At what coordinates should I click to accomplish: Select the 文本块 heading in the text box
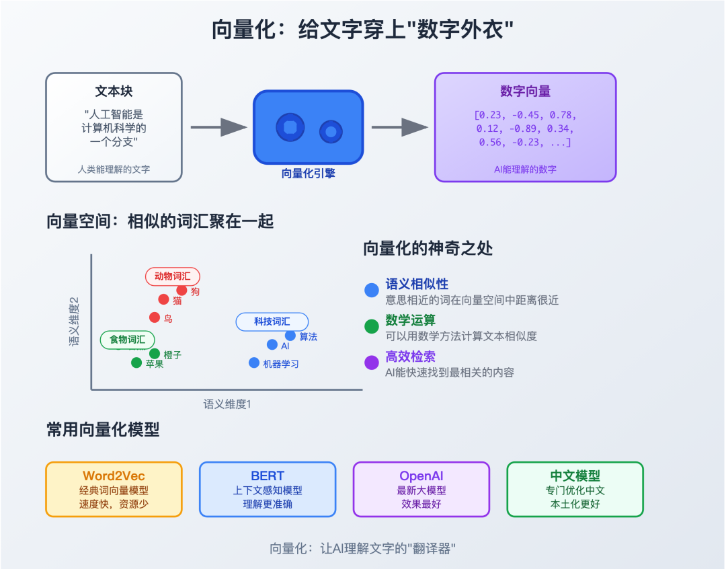pyautogui.click(x=114, y=92)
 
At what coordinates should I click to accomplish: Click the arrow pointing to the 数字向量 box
pyautogui.click(x=399, y=127)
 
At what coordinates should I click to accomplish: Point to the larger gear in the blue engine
pyautogui.click(x=290, y=127)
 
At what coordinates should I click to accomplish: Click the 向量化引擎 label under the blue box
pyautogui.click(x=308, y=174)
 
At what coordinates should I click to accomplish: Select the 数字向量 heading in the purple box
pyautogui.click(x=525, y=92)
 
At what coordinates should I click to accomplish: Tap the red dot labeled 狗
pyautogui.click(x=182, y=291)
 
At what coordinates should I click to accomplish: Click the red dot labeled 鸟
pyautogui.click(x=155, y=317)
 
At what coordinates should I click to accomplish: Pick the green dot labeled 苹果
pyautogui.click(x=136, y=363)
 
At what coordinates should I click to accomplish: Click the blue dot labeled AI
pyautogui.click(x=272, y=345)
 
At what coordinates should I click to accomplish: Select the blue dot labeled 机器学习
pyautogui.click(x=254, y=363)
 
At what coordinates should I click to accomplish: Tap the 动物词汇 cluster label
pyautogui.click(x=173, y=276)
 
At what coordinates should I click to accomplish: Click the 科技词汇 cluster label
pyautogui.click(x=272, y=321)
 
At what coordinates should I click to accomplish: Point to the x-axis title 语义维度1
pyautogui.click(x=227, y=404)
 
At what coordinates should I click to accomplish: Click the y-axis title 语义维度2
pyautogui.click(x=74, y=321)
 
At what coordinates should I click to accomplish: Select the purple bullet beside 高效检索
pyautogui.click(x=372, y=363)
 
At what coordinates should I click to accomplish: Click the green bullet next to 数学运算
pyautogui.click(x=372, y=326)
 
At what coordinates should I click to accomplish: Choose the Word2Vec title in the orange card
pyautogui.click(x=114, y=476)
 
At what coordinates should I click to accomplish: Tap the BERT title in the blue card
pyautogui.click(x=268, y=476)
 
